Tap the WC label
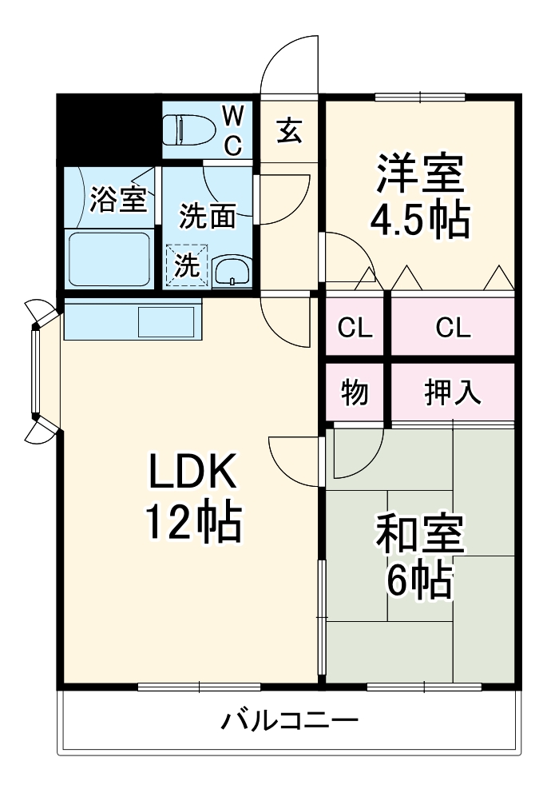pos(232,130)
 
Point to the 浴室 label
pos(118,200)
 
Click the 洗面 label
pos(207,216)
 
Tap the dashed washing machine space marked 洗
pos(187,266)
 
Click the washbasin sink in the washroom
pos(232,272)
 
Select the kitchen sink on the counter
pos(167,321)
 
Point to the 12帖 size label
pos(192,524)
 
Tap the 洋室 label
pos(419,175)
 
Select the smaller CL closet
pos(355,328)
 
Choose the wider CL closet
pos(452,328)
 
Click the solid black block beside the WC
pos(109,128)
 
